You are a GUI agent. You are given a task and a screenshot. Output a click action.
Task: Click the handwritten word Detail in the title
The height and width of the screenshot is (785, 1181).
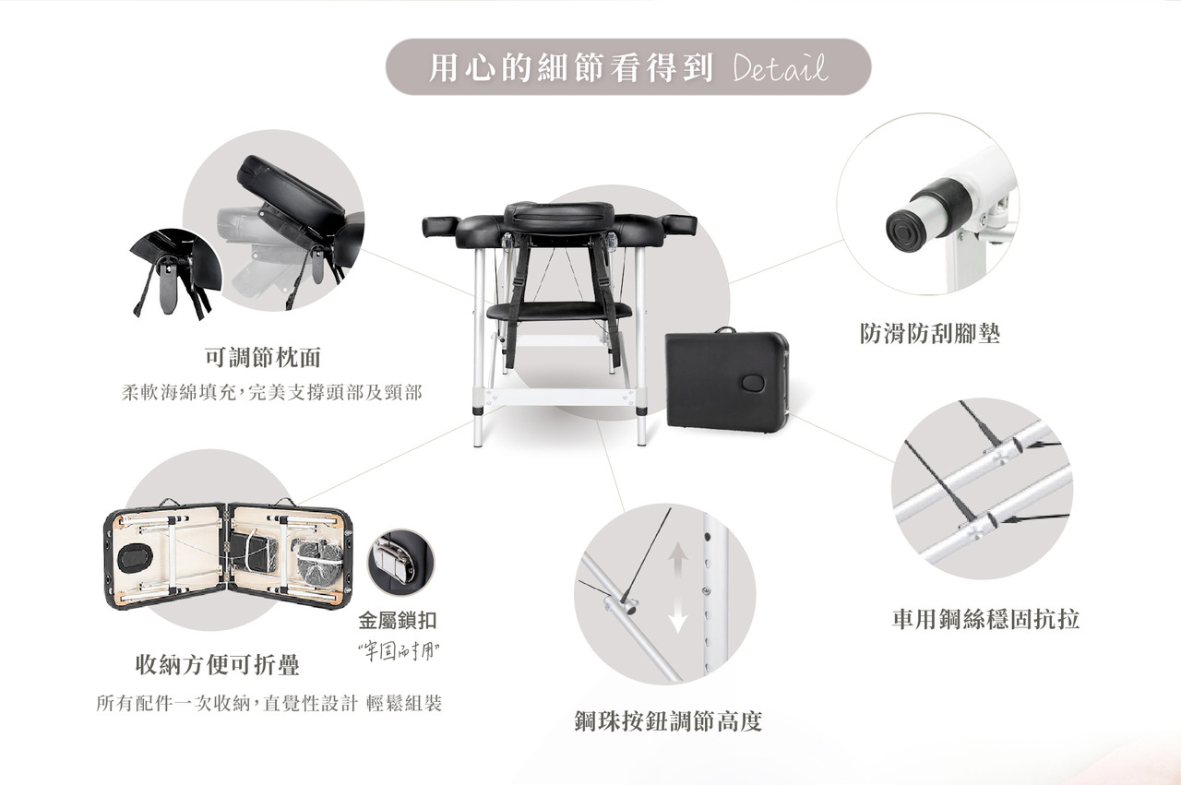click(780, 67)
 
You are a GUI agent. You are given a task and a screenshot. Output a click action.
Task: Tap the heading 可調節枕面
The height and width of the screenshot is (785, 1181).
click(263, 357)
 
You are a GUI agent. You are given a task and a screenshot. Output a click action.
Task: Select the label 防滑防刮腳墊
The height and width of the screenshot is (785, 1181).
click(929, 333)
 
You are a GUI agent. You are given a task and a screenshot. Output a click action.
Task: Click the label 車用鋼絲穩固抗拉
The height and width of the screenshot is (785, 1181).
click(985, 619)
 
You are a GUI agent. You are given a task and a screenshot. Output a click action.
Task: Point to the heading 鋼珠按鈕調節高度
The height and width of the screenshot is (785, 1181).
click(668, 721)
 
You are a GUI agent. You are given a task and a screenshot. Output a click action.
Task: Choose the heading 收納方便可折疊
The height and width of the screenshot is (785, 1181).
click(217, 664)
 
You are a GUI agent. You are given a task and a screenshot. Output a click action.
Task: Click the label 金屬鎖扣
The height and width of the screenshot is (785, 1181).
click(398, 621)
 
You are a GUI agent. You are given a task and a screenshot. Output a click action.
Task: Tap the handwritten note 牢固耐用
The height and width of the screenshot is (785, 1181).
click(399, 652)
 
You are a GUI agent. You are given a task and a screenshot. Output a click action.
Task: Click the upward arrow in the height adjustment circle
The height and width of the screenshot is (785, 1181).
click(678, 559)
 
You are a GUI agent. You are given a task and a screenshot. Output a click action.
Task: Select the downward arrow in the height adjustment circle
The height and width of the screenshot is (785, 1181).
click(678, 616)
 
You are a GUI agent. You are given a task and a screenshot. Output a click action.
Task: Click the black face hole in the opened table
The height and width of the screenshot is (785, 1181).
click(136, 558)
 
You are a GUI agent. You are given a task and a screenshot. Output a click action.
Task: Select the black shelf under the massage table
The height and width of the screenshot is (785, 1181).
click(559, 310)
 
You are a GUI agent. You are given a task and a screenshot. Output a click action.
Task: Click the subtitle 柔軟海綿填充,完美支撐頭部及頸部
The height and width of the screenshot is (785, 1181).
click(271, 393)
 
